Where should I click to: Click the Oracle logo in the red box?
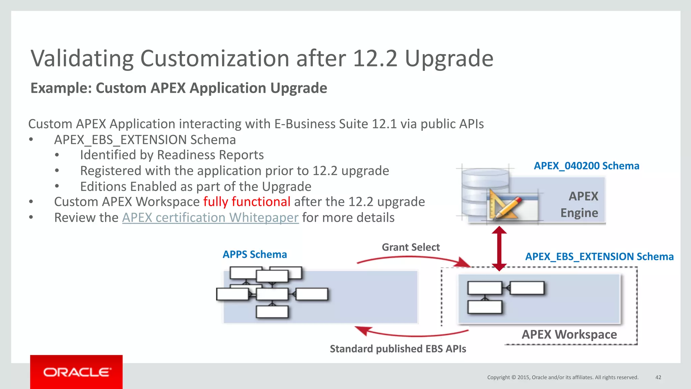coord(77,372)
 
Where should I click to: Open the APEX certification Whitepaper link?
coord(210,218)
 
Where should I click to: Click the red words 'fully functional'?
coord(247,202)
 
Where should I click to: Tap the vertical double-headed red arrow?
coord(499,248)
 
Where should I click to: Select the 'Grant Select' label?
coord(411,247)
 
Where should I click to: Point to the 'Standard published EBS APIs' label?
coord(398,349)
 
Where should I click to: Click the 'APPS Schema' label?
coord(255,254)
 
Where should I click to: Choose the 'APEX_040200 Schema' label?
coord(586,166)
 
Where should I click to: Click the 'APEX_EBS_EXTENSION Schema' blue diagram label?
coord(599,256)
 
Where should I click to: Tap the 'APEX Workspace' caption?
coord(569,334)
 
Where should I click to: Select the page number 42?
coord(658,377)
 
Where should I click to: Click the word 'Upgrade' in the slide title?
coord(449,58)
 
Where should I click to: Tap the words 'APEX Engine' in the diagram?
coord(579,204)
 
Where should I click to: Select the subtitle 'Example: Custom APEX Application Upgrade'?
coord(179,88)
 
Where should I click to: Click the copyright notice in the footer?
coord(562,377)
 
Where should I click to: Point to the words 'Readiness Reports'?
coord(210,155)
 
